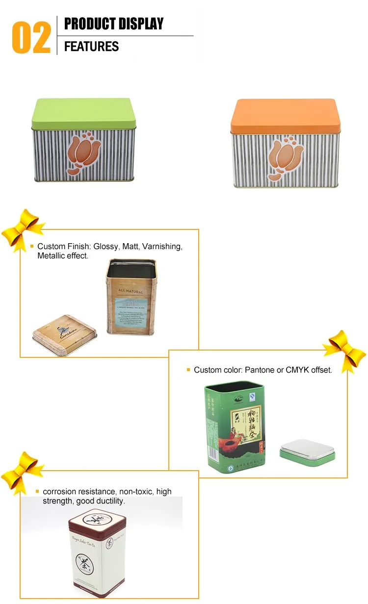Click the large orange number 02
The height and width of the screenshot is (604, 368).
click(31, 37)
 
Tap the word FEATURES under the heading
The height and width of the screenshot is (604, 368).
click(91, 47)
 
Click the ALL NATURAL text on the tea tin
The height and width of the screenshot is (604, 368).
click(131, 291)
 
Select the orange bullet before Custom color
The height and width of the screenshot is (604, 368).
click(188, 370)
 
